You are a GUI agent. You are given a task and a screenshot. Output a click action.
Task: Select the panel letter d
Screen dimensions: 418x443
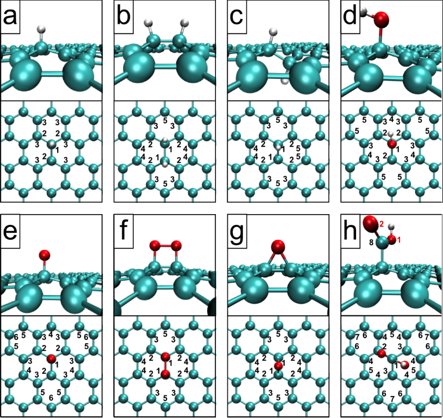[351, 18]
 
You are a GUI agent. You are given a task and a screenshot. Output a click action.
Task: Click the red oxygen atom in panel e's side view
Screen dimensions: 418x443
[44, 254]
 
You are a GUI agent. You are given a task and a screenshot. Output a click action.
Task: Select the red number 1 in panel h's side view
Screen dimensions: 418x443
[398, 239]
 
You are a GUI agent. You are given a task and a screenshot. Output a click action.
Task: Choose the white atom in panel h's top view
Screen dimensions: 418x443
[404, 363]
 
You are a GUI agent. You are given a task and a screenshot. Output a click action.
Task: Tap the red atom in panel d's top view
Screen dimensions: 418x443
[391, 144]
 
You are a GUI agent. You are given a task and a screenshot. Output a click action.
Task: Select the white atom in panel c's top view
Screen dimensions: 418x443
[278, 147]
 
